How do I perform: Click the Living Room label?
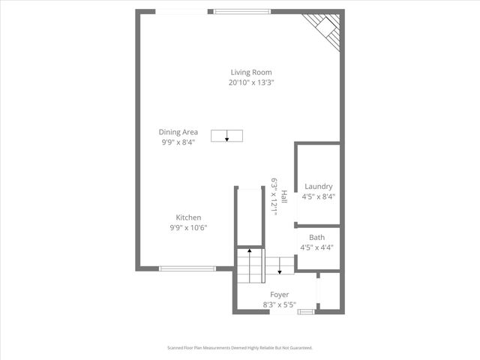251,72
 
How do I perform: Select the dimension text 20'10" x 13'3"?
251,82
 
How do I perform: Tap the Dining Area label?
178,131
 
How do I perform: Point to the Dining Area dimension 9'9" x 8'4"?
178,142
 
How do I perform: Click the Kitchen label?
188,217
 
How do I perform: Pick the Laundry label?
318,186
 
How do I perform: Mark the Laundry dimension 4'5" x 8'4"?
318,196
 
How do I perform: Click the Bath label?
316,237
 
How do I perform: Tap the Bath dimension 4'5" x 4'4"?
316,247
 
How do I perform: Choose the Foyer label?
279,295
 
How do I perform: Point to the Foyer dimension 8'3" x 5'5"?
279,305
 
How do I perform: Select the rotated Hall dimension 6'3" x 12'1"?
274,196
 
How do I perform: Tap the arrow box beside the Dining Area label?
226,135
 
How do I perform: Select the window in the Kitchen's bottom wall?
187,268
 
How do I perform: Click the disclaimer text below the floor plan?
239,348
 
